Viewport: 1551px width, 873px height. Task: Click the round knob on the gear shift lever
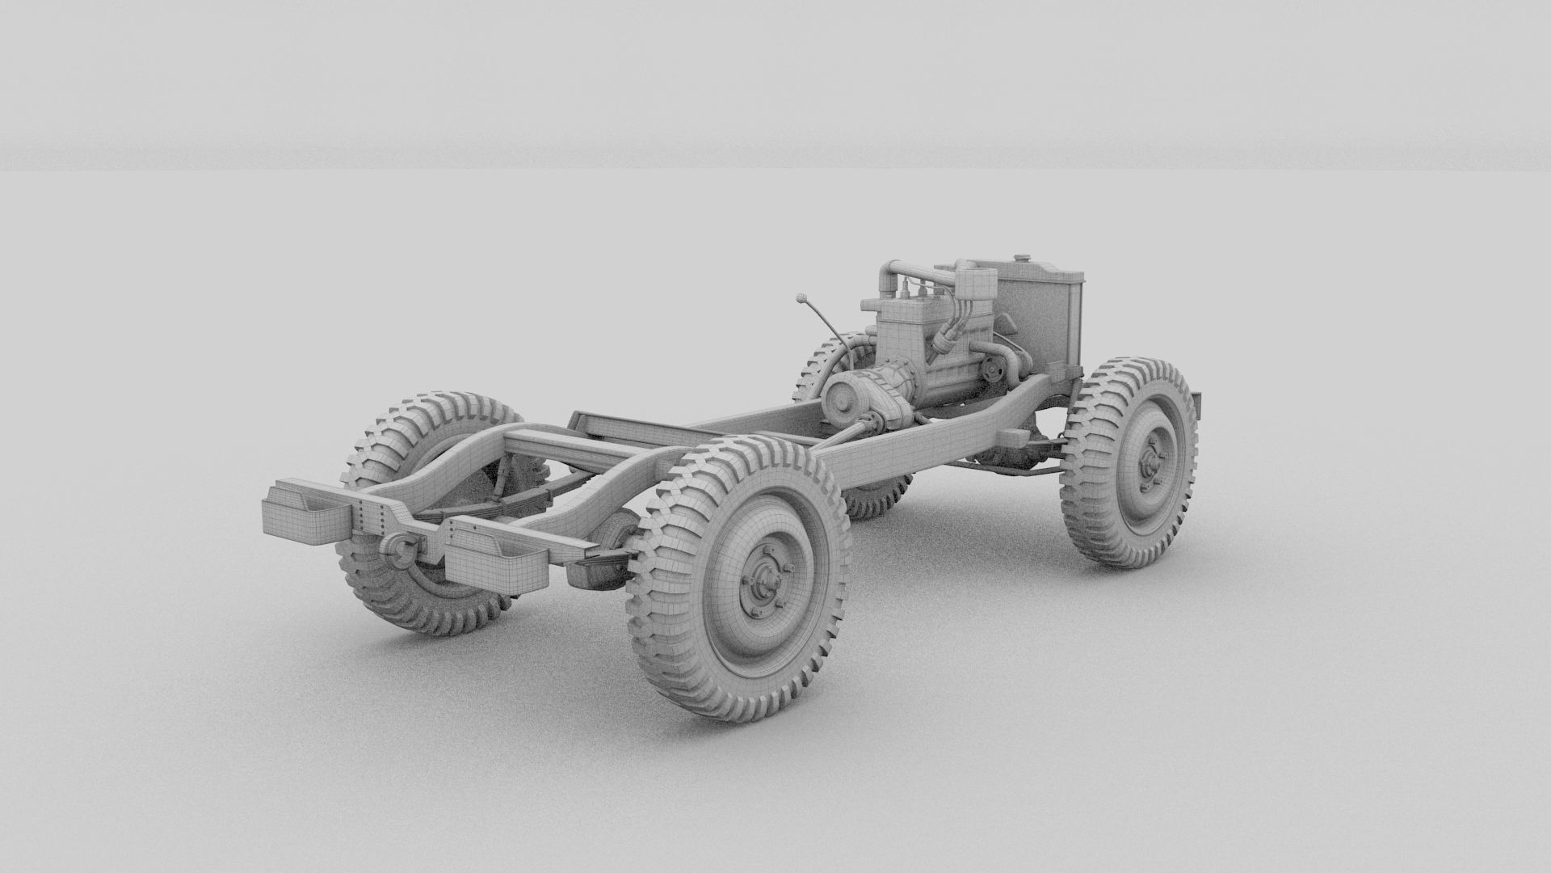pyautogui.click(x=801, y=298)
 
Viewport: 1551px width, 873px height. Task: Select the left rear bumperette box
pyautogui.click(x=306, y=506)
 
